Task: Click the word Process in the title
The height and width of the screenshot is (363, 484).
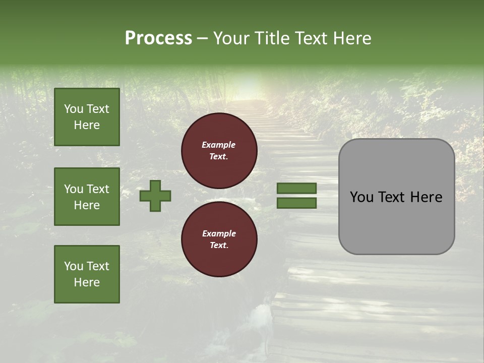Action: pos(158,38)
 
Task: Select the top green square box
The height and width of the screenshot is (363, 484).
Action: pos(87,117)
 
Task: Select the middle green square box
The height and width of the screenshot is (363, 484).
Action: pos(87,197)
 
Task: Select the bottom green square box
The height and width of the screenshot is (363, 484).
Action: pos(87,274)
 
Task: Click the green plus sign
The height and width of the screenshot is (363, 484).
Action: pos(155,196)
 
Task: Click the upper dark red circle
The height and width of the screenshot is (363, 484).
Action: pos(219,151)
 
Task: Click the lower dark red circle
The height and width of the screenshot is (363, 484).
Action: pos(219,239)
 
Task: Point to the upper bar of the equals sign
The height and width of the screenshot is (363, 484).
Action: pos(296,188)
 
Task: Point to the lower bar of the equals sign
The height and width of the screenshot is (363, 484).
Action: pos(296,203)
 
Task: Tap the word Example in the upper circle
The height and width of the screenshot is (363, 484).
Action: pos(219,145)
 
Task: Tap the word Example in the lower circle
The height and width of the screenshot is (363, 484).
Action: pos(219,233)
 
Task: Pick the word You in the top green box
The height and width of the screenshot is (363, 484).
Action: pos(74,109)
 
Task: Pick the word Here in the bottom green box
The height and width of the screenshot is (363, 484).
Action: pos(87,282)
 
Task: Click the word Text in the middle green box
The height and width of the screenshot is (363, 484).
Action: pos(97,189)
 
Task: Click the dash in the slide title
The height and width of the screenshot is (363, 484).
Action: pos(203,38)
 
